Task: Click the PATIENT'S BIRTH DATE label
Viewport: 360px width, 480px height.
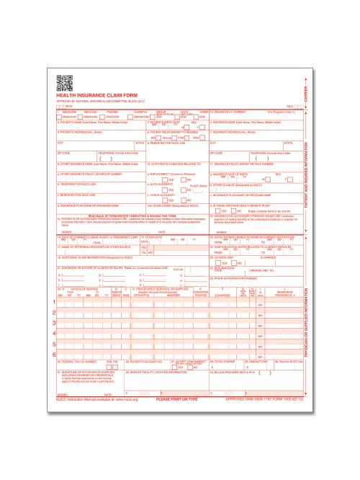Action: coord(166,123)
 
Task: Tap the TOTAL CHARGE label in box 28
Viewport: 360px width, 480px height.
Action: coord(222,380)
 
